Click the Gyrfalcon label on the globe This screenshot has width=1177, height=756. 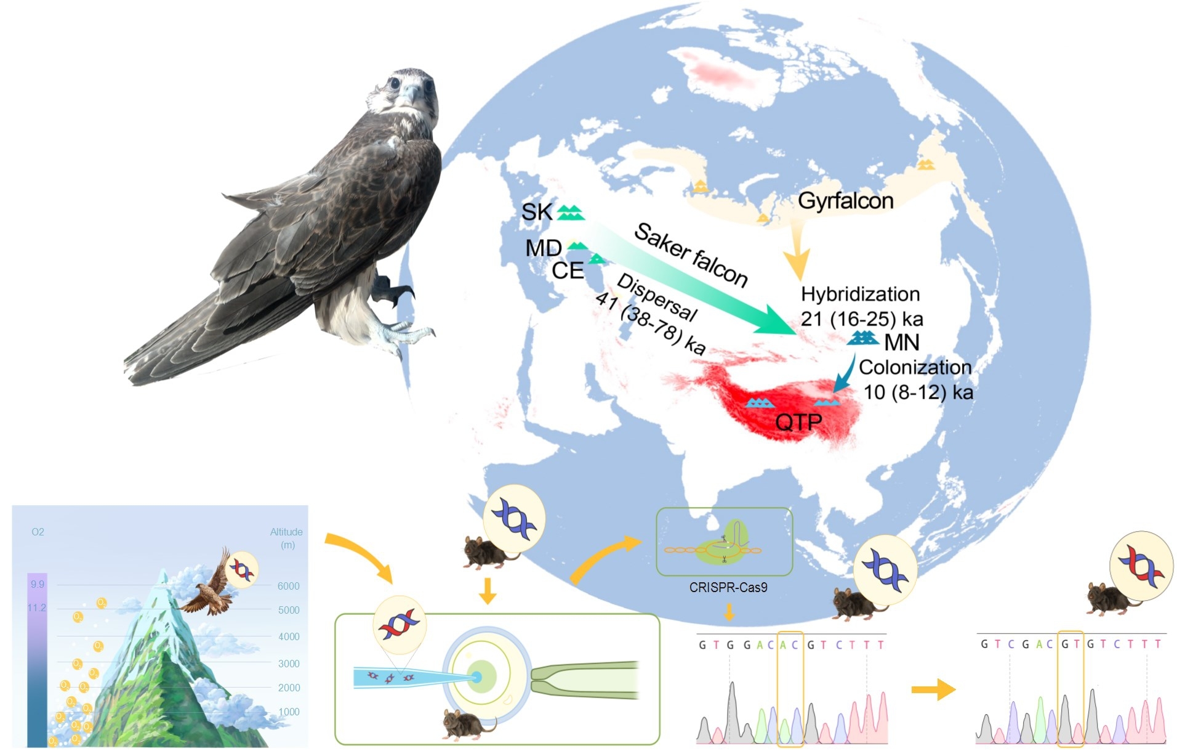pos(845,201)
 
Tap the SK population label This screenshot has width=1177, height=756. pos(536,212)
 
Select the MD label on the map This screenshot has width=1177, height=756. pos(543,248)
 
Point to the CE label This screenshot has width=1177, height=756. pos(567,270)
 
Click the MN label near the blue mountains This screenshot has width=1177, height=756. pos(902,343)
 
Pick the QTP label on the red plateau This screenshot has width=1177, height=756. pos(798,422)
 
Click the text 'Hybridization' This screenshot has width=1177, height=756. pos(860,295)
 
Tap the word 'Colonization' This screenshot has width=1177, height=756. pos(915,367)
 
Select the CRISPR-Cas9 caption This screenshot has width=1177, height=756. pos(728,588)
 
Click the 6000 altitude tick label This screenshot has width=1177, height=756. pos(288,586)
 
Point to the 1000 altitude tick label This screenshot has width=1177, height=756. pos(288,712)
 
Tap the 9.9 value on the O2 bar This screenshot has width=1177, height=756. pos(38,584)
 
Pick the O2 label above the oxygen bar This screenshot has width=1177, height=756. pos(38,532)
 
